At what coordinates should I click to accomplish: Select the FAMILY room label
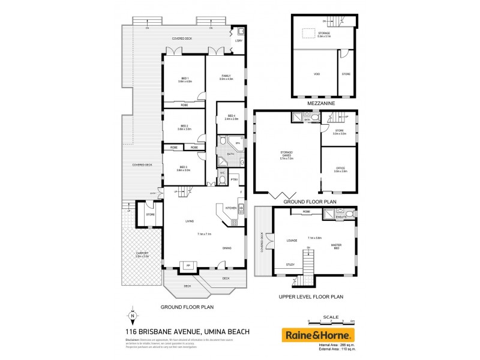226,76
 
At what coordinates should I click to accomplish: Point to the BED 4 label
231,116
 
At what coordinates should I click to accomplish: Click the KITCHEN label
230,208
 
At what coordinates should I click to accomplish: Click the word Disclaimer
133,340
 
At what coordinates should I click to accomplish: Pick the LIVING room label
190,222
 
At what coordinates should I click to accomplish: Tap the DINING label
227,248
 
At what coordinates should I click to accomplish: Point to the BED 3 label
183,169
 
